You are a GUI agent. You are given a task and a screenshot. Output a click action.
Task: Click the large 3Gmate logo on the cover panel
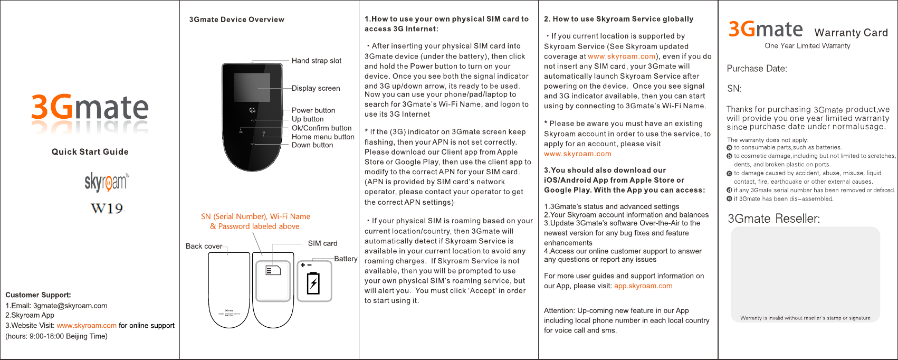[90, 108]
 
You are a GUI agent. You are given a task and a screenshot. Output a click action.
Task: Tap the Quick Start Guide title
[90, 152]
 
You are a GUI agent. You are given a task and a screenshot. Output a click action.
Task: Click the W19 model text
[107, 209]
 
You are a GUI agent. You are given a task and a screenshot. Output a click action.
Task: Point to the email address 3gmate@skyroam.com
[70, 306]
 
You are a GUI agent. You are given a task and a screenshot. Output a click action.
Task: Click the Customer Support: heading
[38, 295]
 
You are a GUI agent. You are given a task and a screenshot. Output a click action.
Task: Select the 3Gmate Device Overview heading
[237, 20]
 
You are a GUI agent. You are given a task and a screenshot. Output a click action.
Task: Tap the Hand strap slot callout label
[317, 61]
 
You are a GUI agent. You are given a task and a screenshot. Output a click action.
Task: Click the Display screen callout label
[316, 88]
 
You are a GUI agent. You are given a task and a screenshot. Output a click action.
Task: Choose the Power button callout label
[313, 110]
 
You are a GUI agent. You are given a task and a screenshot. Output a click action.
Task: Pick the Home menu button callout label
[323, 137]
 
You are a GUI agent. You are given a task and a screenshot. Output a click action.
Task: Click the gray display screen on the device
[252, 88]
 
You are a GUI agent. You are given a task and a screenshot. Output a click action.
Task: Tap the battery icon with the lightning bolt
[313, 283]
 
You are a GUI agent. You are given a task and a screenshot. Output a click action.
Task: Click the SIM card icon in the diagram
[273, 271]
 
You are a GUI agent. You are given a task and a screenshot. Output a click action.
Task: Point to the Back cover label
[204, 247]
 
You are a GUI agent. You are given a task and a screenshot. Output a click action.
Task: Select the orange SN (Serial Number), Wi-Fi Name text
[255, 216]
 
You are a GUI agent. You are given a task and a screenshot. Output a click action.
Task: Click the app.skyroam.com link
[643, 286]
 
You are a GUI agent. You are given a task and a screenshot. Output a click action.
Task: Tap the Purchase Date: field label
[757, 69]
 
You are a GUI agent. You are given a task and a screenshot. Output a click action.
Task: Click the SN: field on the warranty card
[734, 89]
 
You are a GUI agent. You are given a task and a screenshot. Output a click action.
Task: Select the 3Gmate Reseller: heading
[773, 219]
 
